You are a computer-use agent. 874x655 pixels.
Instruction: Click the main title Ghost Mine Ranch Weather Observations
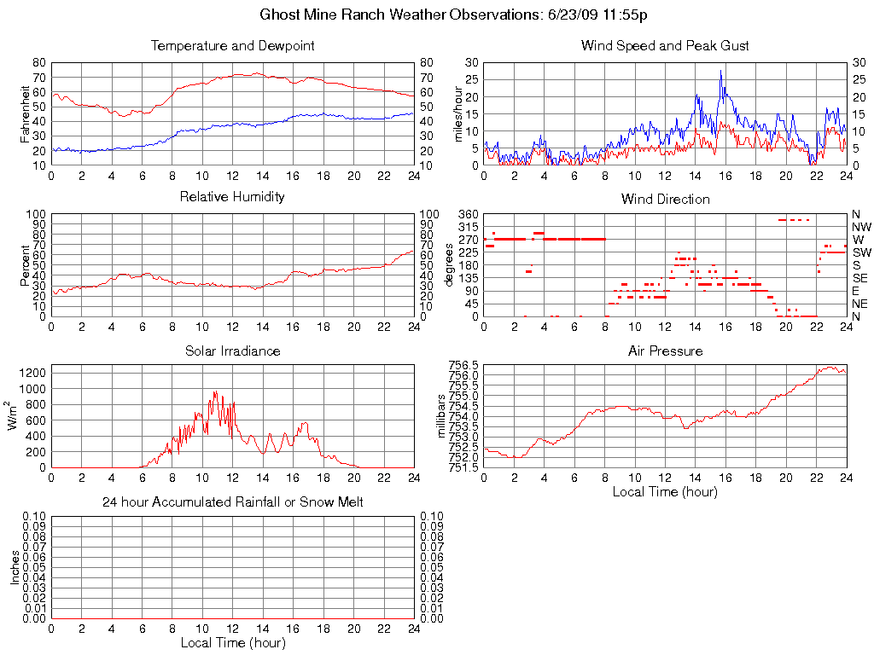454,15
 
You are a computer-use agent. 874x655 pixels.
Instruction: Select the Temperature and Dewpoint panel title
232,45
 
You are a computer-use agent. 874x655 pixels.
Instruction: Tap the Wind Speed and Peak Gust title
665,45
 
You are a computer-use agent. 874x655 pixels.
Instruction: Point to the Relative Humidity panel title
232,197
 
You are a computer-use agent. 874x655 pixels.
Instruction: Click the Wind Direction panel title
665,199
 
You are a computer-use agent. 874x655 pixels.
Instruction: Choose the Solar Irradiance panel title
232,351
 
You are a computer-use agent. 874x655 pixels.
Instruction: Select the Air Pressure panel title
665,351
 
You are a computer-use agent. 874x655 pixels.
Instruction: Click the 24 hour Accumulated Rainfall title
232,502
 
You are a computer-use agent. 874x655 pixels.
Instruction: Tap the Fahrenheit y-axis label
26,113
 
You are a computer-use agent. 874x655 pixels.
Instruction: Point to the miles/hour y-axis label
458,113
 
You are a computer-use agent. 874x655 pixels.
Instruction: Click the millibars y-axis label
442,416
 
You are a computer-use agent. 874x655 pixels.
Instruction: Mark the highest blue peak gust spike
721,71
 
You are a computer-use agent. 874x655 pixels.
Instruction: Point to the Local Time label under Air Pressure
665,491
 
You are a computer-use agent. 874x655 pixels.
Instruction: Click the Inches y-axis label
15,567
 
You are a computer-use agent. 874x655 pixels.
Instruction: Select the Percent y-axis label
26,264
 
